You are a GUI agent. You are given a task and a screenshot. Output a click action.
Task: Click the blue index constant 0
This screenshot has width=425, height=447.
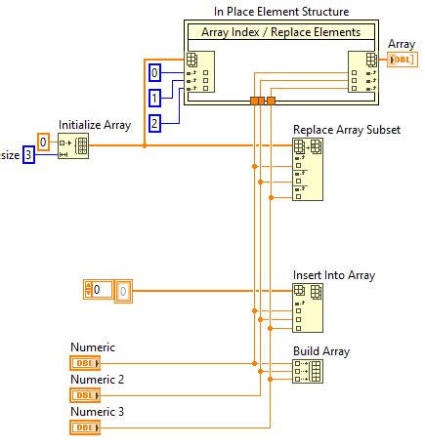pyautogui.click(x=154, y=73)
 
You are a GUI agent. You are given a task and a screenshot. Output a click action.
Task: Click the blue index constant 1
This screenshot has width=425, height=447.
pyautogui.click(x=154, y=98)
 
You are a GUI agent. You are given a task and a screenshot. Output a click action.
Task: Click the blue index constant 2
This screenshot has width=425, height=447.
pyautogui.click(x=154, y=122)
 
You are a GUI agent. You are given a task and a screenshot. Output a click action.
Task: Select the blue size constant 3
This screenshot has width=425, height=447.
pyautogui.click(x=29, y=154)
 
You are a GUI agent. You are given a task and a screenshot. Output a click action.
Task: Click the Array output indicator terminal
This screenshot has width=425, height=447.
pyautogui.click(x=403, y=61)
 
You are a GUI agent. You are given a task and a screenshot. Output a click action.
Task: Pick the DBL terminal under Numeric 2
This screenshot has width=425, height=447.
pyautogui.click(x=84, y=395)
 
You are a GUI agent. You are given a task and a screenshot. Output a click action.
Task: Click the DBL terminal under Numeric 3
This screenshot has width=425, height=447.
pyautogui.click(x=84, y=427)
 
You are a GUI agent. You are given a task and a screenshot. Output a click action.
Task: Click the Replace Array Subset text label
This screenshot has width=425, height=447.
pyautogui.click(x=347, y=130)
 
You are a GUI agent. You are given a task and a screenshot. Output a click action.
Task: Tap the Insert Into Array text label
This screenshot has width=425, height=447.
pyautogui.click(x=334, y=275)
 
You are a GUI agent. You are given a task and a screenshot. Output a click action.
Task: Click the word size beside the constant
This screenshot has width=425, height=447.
pyautogui.click(x=9, y=155)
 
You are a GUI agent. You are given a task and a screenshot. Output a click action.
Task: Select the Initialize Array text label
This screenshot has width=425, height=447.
pyautogui.click(x=94, y=125)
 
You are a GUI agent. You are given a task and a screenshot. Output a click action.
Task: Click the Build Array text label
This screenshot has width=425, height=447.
pyautogui.click(x=321, y=351)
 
